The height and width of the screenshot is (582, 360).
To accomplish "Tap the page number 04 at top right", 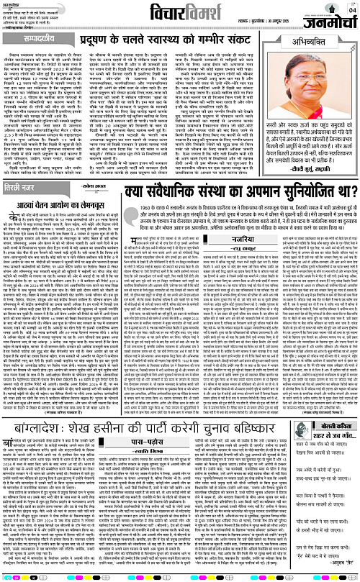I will tap(351, 10).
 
